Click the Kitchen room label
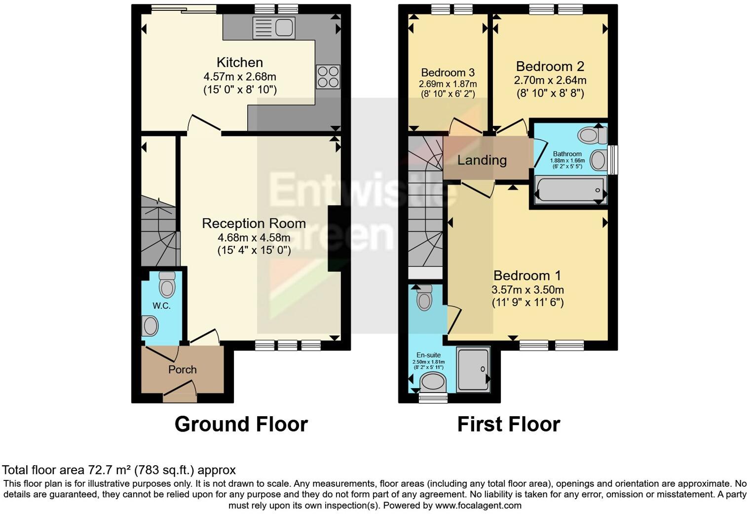click(240, 63)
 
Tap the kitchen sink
click(273, 28)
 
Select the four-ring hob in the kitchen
click(328, 77)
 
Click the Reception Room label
click(254, 224)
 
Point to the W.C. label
click(161, 306)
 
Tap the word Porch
click(183, 370)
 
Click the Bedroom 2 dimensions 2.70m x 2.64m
click(550, 80)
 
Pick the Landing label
click(482, 160)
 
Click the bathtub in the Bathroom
click(570, 191)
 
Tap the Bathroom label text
click(567, 154)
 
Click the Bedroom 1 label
click(527, 276)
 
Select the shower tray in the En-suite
click(473, 369)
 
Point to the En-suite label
click(428, 355)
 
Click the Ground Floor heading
click(241, 425)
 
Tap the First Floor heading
click(508, 425)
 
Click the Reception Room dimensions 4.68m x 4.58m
click(254, 237)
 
